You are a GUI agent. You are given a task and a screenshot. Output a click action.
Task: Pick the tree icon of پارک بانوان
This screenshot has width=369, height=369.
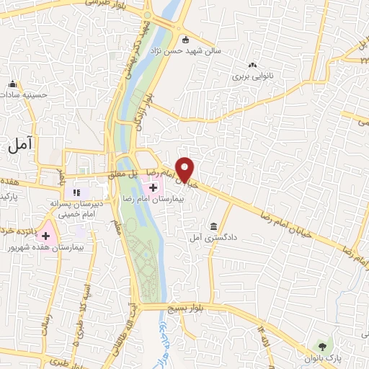[x=321, y=347]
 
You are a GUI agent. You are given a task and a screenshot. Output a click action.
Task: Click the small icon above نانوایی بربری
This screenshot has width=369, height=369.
[x=252, y=63]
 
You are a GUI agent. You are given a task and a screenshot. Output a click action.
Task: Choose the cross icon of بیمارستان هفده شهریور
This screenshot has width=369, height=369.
[x=47, y=235]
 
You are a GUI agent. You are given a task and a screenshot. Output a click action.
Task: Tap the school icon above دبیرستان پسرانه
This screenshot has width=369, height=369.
[x=74, y=192]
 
